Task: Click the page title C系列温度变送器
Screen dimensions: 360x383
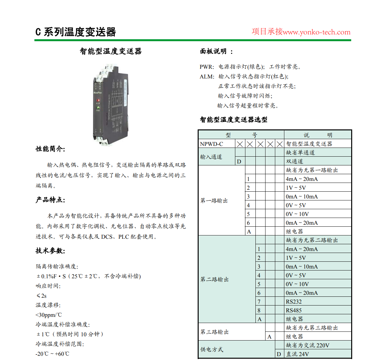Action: pos(76,32)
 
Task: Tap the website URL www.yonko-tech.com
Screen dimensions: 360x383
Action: pos(316,32)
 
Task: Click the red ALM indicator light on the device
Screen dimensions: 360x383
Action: pos(98,101)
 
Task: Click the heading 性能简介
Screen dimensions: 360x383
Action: pos(50,149)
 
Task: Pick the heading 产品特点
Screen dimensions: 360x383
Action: pos(50,200)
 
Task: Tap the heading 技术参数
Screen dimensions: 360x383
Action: pos(50,251)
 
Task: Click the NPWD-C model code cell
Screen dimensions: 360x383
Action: pos(212,144)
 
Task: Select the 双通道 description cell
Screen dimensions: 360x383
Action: pos(295,162)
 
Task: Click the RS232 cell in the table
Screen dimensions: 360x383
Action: pos(294,302)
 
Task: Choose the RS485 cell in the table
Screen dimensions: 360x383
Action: pos(294,310)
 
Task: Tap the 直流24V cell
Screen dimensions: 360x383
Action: pos(297,354)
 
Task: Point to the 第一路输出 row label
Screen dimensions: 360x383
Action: pos(214,201)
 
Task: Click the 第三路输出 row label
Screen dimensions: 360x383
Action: pos(215,332)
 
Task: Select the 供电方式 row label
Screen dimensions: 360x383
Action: pos(212,350)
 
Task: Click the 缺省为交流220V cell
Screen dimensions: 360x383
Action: pos(307,345)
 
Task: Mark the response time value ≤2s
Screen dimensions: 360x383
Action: pos(42,296)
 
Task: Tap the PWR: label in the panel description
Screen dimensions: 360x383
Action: pos(207,67)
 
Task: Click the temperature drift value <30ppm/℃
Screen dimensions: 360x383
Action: pos(49,315)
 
